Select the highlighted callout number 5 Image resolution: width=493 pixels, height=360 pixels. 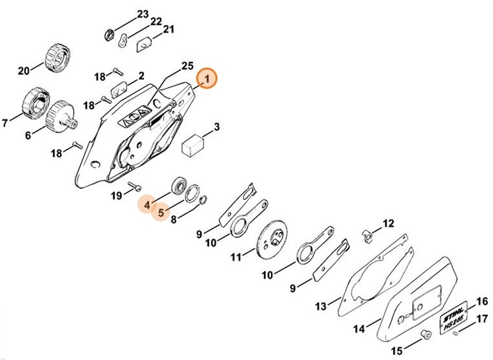[161, 213]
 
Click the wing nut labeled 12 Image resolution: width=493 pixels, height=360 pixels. [366, 234]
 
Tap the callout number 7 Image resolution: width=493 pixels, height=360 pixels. [6, 123]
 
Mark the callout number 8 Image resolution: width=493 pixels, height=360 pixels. [174, 219]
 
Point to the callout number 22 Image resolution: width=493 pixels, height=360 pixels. [155, 22]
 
